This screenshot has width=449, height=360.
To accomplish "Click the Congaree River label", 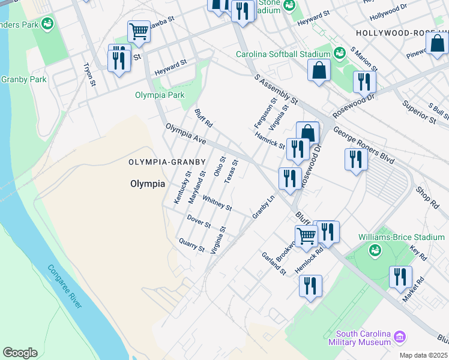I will (x=65, y=287).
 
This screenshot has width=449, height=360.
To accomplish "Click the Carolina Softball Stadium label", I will (x=283, y=54).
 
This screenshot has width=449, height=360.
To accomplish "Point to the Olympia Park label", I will (x=160, y=95).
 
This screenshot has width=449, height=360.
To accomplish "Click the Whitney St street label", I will (x=217, y=203).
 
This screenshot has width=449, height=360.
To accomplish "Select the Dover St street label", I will (x=199, y=221).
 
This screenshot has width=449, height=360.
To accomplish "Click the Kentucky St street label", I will (x=182, y=187).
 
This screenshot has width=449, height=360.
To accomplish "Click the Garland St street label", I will (x=274, y=263).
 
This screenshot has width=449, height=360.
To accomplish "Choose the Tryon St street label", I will (x=90, y=74).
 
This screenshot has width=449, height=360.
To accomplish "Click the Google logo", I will (x=20, y=352).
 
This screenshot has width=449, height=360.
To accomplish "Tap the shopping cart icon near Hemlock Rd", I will (x=306, y=236).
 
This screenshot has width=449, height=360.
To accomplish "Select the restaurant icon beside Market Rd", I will (x=400, y=277).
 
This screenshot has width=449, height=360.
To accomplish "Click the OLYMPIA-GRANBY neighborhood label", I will (x=167, y=162).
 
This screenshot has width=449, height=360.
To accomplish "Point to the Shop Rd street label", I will (x=427, y=197).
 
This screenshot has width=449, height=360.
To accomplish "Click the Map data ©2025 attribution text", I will (x=423, y=355).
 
